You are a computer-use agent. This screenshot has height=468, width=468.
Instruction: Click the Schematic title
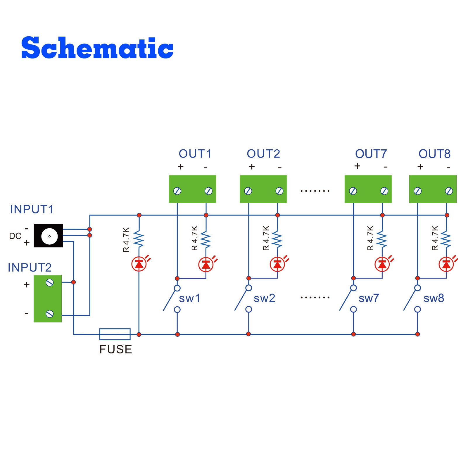click(x=97, y=48)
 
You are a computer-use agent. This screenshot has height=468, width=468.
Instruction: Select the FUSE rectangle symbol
click(x=115, y=334)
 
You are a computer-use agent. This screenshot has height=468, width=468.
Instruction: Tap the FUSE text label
click(x=116, y=350)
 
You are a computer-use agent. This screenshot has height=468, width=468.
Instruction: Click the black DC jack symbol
click(x=49, y=236)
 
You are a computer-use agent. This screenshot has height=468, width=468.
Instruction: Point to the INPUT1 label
click(x=32, y=209)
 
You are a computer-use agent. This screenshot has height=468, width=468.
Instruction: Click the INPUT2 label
click(x=30, y=267)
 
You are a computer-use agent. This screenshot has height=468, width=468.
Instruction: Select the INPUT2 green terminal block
click(x=48, y=298)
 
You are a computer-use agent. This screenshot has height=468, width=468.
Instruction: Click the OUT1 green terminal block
click(x=192, y=189)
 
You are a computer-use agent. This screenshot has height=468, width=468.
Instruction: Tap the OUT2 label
click(x=263, y=154)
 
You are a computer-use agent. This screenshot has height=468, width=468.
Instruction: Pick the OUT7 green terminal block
click(x=368, y=189)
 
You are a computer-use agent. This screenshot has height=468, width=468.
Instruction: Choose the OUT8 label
click(x=434, y=154)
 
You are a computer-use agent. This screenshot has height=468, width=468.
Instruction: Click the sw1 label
click(x=190, y=298)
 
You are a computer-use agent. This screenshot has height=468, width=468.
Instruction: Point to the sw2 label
click(x=265, y=298)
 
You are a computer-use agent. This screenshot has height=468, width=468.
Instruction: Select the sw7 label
click(x=369, y=298)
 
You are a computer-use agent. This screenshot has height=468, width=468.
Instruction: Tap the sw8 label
click(x=434, y=298)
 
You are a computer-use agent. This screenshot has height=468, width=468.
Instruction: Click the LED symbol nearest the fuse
click(x=139, y=264)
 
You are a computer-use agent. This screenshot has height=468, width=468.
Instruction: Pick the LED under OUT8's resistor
click(x=446, y=264)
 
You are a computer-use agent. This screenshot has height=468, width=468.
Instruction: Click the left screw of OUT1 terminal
click(x=177, y=191)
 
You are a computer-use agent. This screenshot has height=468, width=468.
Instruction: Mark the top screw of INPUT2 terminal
click(x=50, y=282)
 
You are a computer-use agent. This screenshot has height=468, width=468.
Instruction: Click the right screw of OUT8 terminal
click(x=449, y=191)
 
